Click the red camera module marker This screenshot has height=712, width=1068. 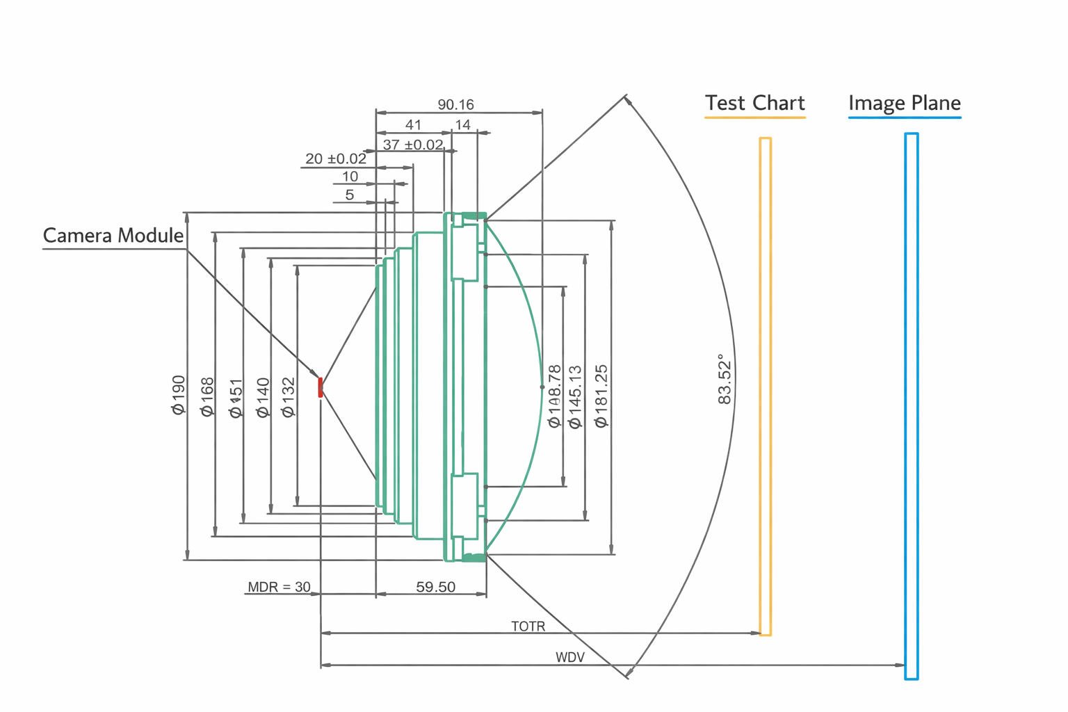tap(321, 387)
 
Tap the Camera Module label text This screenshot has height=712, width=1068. tap(113, 236)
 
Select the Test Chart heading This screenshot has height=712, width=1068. tap(754, 104)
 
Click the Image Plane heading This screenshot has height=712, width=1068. tap(904, 104)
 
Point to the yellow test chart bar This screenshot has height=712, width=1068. tap(765, 387)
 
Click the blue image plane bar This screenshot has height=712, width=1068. tap(911, 406)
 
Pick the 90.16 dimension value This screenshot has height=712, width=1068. tap(455, 105)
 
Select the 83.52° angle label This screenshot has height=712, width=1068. tap(725, 379)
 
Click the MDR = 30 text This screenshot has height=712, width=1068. tap(279, 587)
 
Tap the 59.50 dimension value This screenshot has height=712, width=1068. tap(435, 587)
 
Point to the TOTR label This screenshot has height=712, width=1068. tap(528, 626)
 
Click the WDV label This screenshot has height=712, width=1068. tap(569, 658)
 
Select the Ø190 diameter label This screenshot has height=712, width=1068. tap(179, 395)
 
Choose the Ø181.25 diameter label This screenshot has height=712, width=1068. tap(601, 396)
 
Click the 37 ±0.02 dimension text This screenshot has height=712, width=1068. tap(413, 145)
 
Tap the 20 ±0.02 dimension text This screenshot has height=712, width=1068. tap(335, 159)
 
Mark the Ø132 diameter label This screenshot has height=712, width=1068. tap(288, 397)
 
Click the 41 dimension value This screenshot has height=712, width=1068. tap(413, 125)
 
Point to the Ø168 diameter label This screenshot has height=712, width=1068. tap(207, 397)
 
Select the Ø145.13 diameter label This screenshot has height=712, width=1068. tap(575, 397)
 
